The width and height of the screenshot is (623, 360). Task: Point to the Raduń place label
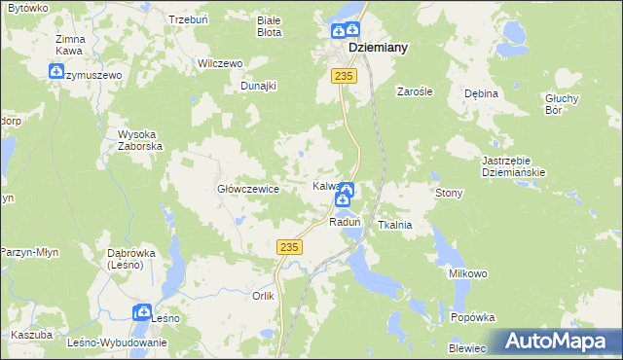tap(345, 223)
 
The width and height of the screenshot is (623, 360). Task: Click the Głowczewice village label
tap(248, 190)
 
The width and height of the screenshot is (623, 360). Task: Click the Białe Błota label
tap(268, 25)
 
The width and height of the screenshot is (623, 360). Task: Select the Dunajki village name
tap(259, 86)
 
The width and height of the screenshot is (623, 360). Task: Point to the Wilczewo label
tap(219, 63)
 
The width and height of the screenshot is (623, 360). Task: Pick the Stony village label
tap(449, 194)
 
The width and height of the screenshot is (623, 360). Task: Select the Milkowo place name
tap(467, 274)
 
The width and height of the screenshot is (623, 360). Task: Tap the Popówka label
tap(474, 317)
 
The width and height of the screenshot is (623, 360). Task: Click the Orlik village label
tap(264, 296)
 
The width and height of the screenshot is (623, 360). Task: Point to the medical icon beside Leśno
tap(142, 312)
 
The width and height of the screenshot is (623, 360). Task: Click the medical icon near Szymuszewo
tap(56, 71)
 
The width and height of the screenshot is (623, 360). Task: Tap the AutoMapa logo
tap(555, 342)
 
